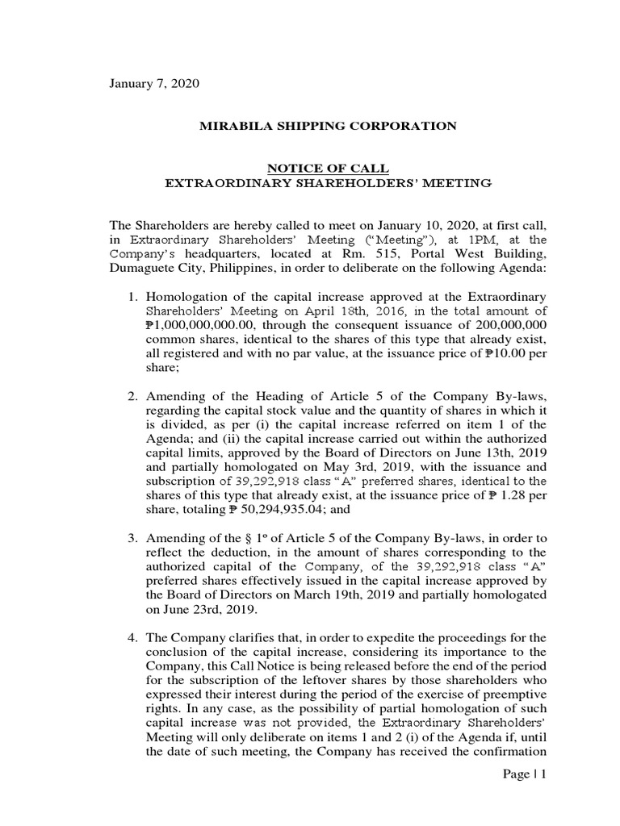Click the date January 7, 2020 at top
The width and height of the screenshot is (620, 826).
[x=153, y=84]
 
